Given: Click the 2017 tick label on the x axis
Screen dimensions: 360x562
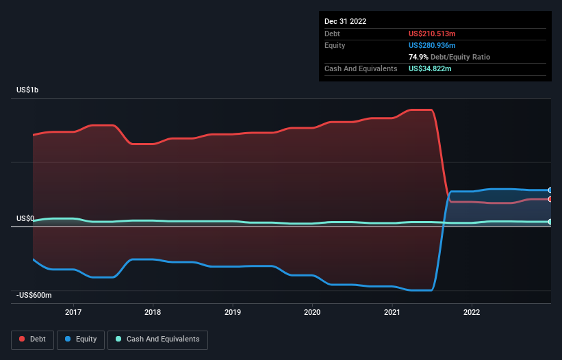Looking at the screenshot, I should [x=73, y=312].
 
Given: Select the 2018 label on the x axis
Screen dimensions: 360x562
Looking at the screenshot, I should [x=153, y=312].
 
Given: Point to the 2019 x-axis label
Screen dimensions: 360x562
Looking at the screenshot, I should [x=233, y=312].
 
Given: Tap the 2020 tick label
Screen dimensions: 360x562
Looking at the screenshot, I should [x=312, y=312].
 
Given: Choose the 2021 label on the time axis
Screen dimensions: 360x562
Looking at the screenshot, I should [x=392, y=312].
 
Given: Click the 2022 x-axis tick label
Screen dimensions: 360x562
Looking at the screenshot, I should [x=472, y=312].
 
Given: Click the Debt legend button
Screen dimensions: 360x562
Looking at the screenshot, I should [x=31, y=339].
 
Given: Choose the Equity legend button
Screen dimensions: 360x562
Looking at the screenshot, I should [x=81, y=339].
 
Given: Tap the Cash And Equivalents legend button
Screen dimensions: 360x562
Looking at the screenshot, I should [x=157, y=339].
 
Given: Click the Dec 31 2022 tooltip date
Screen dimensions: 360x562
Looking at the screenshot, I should [x=345, y=21].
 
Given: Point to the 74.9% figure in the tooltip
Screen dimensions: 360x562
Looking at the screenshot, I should [x=419, y=57].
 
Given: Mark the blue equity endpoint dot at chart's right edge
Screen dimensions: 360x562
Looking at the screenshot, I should [x=550, y=190].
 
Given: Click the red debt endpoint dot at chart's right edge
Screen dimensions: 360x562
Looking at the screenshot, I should [x=550, y=199].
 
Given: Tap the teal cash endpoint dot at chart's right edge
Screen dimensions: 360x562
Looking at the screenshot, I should [x=550, y=222].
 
